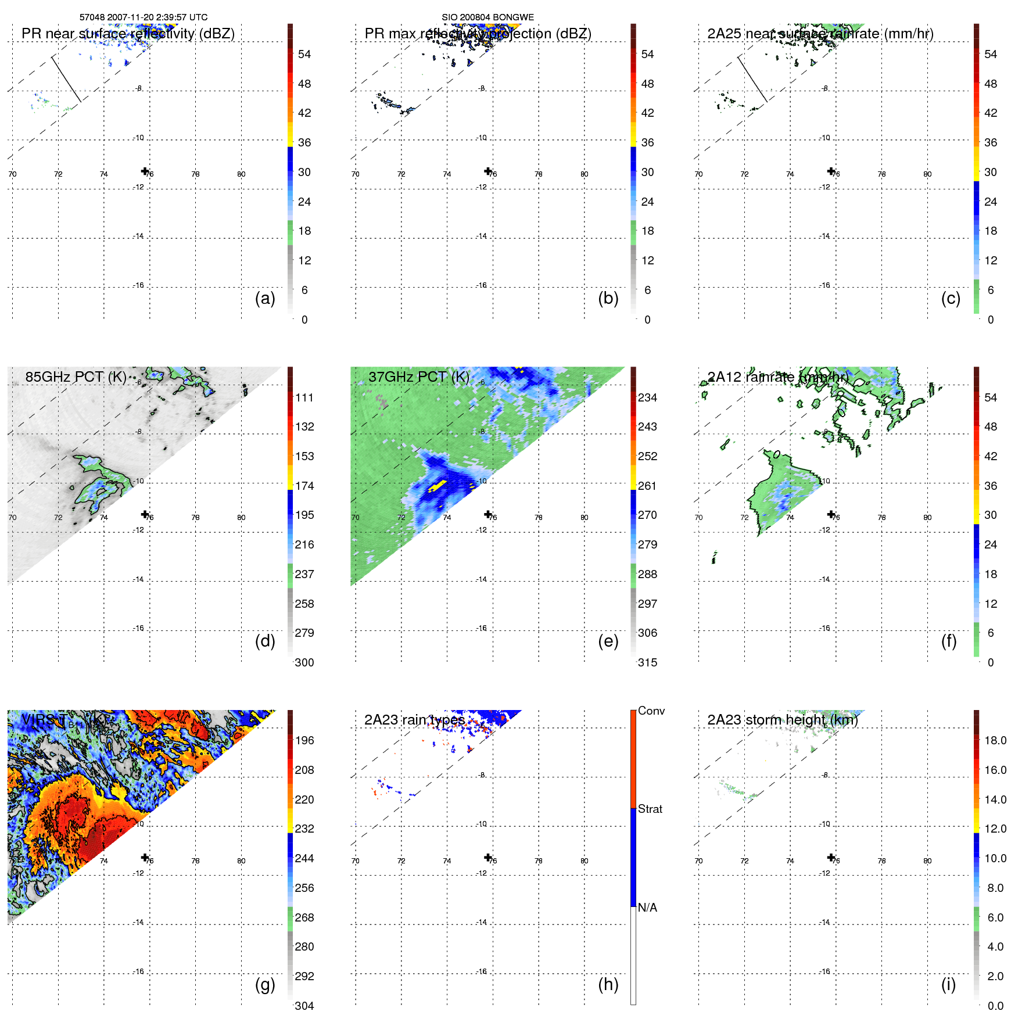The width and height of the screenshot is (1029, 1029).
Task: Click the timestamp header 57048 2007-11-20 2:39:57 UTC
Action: coord(143,17)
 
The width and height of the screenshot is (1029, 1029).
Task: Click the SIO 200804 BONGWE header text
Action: coord(487,17)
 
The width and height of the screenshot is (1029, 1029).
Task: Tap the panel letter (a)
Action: coord(265,298)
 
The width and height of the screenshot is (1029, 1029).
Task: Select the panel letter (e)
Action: coord(608,641)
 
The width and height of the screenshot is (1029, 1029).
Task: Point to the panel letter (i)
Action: coord(948,984)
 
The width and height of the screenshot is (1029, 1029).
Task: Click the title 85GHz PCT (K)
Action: coord(76,377)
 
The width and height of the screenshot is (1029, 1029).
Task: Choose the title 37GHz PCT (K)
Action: coord(418,377)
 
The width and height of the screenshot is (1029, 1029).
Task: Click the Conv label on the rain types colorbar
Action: coord(651,711)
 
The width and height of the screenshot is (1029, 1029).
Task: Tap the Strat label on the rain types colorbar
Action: coord(650,809)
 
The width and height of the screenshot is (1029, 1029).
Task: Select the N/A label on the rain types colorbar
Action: coord(647,908)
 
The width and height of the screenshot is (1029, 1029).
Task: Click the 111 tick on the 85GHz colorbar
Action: coord(304,397)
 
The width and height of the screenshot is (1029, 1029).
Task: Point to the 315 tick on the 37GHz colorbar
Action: coord(647,662)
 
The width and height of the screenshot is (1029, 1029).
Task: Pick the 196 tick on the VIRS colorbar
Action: coord(304,740)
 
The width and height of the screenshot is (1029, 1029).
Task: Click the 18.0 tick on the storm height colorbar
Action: coord(995,740)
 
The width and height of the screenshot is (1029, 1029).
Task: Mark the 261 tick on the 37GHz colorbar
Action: coord(647,486)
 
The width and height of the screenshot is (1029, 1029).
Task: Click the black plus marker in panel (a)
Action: coord(145,171)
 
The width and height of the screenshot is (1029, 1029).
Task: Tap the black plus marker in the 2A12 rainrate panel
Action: coord(831,514)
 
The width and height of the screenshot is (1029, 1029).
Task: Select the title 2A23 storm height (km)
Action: coord(782,720)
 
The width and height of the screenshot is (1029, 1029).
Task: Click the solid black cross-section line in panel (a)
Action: coord(66,78)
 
